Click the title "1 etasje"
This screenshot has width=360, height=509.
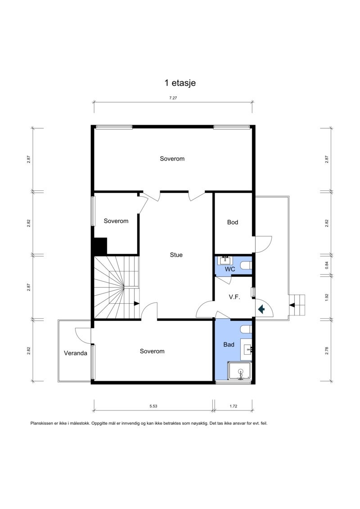(180, 83)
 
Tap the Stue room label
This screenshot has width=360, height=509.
(176, 255)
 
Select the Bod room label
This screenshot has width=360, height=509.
(233, 222)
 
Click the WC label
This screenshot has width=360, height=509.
(230, 269)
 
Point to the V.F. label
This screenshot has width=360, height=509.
(234, 297)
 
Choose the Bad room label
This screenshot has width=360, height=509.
(229, 344)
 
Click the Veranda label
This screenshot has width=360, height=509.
(76, 353)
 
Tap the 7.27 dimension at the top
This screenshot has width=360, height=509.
(173, 98)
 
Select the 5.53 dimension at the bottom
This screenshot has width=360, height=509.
(153, 406)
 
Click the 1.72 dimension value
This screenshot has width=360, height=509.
(234, 406)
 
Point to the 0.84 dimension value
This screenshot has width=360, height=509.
(327, 265)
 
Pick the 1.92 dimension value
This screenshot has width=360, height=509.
(327, 297)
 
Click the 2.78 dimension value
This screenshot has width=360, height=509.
(327, 351)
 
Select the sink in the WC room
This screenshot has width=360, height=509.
(225, 260)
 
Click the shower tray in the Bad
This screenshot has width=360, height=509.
(240, 371)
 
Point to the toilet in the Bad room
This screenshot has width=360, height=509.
(246, 330)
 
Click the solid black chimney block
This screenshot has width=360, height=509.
(100, 246)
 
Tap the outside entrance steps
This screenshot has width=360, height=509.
(297, 305)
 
